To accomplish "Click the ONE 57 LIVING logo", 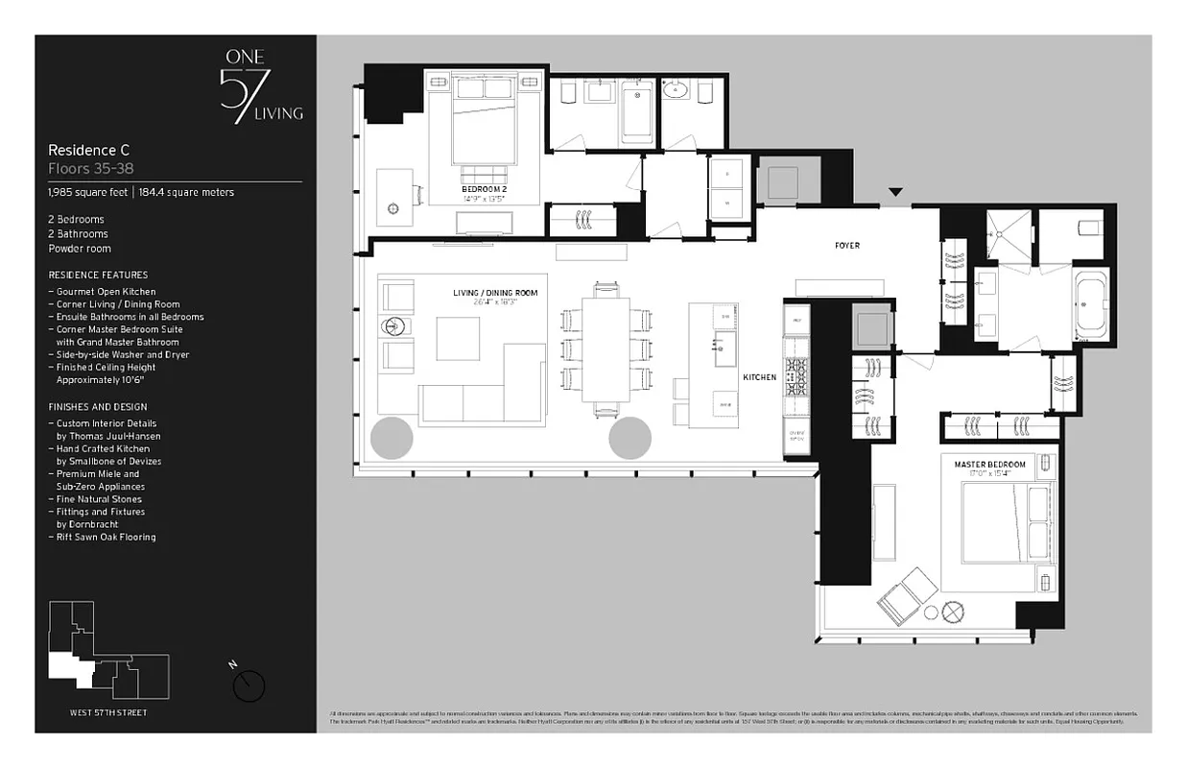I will [260, 86].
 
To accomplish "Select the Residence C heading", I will [89, 151].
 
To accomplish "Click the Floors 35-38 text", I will [90, 168].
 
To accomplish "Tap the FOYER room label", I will [846, 246].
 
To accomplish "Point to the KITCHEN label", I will [759, 377].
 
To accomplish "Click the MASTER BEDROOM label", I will [989, 465].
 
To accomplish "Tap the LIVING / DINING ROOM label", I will [495, 293].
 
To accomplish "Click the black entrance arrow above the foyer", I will [894, 193].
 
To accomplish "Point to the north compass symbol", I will [249, 684].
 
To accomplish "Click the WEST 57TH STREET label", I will [108, 712].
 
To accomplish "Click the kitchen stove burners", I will [797, 376].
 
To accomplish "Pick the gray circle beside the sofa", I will [392, 439].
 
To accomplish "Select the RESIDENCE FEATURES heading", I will [98, 276].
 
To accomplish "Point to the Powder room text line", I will [80, 249].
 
